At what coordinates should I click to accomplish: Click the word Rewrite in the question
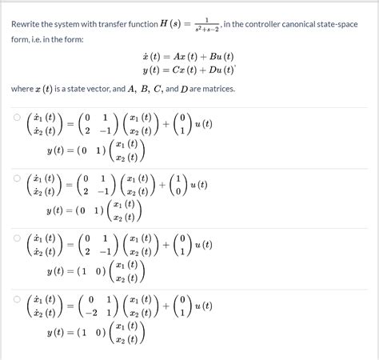pyautogui.click(x=28, y=24)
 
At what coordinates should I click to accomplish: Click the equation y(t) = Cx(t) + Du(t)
pyautogui.click(x=189, y=71)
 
